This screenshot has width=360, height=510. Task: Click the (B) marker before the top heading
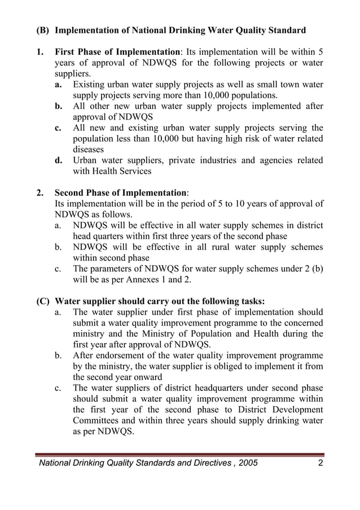[43, 30]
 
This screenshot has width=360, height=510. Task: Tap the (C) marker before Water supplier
[43, 301]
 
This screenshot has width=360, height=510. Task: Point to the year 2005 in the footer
[247, 463]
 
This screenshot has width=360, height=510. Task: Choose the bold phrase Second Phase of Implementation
[120, 192]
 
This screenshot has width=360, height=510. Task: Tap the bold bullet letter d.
[58, 161]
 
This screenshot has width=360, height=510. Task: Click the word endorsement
[121, 355]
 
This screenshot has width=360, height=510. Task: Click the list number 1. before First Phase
[40, 52]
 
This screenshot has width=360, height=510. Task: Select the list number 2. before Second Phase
[40, 192]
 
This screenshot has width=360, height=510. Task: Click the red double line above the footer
[179, 454]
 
